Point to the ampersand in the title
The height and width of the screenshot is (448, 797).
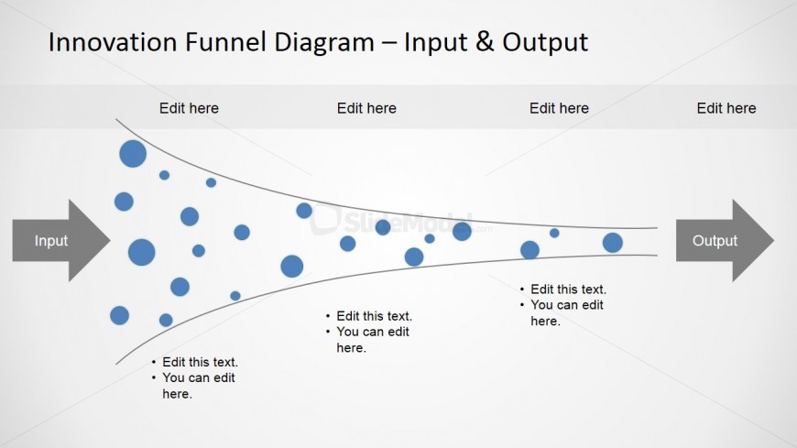tap(485, 42)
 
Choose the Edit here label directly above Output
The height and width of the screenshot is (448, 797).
tap(726, 108)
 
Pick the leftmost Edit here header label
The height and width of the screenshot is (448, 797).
tap(189, 108)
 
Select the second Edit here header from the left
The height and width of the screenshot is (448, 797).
tap(366, 108)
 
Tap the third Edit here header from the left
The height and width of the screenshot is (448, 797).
tap(559, 108)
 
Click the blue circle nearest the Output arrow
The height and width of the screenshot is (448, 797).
tap(613, 243)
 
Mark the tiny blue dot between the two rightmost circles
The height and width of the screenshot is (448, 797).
tap(554, 233)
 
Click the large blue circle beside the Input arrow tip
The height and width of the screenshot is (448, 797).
tap(141, 252)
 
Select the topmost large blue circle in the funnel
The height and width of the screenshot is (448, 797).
tap(133, 154)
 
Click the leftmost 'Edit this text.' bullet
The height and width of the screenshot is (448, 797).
tap(200, 362)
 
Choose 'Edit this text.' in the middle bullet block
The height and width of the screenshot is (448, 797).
tap(374, 316)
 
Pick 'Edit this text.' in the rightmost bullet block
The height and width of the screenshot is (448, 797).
tap(568, 290)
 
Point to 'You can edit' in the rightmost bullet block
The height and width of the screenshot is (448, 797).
tap(567, 305)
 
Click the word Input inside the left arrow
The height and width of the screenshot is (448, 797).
tap(51, 241)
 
